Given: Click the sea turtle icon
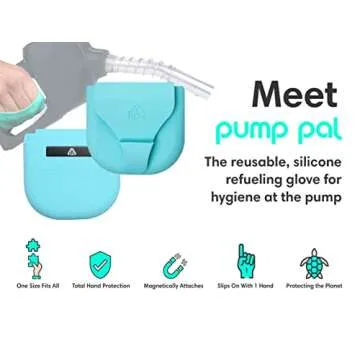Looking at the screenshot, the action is [x=314, y=263].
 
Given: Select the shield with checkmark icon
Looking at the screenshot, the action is [x=100, y=265].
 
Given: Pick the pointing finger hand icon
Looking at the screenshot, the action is [x=246, y=261].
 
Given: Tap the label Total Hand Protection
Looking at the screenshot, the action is [x=101, y=286].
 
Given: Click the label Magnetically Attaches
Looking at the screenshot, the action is [x=173, y=286].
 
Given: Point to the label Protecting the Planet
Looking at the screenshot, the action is [x=314, y=286].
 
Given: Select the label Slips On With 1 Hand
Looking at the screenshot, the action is [x=245, y=286].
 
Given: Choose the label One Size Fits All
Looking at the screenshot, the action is [x=38, y=286].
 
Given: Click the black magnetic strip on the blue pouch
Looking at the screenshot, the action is [x=68, y=152].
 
